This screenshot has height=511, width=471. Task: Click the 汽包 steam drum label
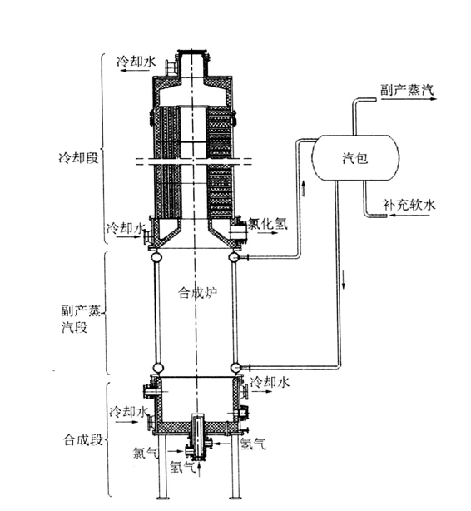[355, 158]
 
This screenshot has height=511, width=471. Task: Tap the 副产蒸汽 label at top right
[408, 90]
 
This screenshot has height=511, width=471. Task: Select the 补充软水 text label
[409, 205]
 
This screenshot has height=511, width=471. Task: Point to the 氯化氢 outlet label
[268, 224]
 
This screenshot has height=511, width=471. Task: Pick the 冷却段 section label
[78, 158]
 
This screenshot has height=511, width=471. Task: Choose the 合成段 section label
[82, 439]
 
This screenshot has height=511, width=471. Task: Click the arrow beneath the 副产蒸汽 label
[409, 99]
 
